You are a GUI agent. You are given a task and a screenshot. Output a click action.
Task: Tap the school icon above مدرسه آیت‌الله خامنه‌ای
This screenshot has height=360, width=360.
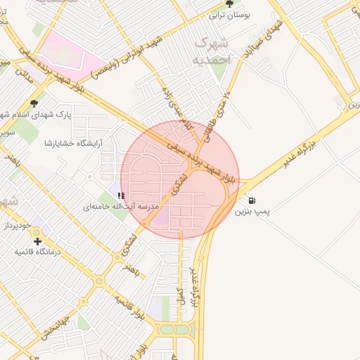click(x=122, y=195)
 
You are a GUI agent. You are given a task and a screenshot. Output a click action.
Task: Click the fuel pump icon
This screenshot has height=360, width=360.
click(x=252, y=200)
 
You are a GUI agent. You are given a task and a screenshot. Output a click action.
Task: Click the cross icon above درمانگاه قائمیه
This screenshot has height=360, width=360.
click(x=37, y=241)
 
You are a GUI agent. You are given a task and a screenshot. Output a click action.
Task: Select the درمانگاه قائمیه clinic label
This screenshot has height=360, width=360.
click(x=38, y=251)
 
